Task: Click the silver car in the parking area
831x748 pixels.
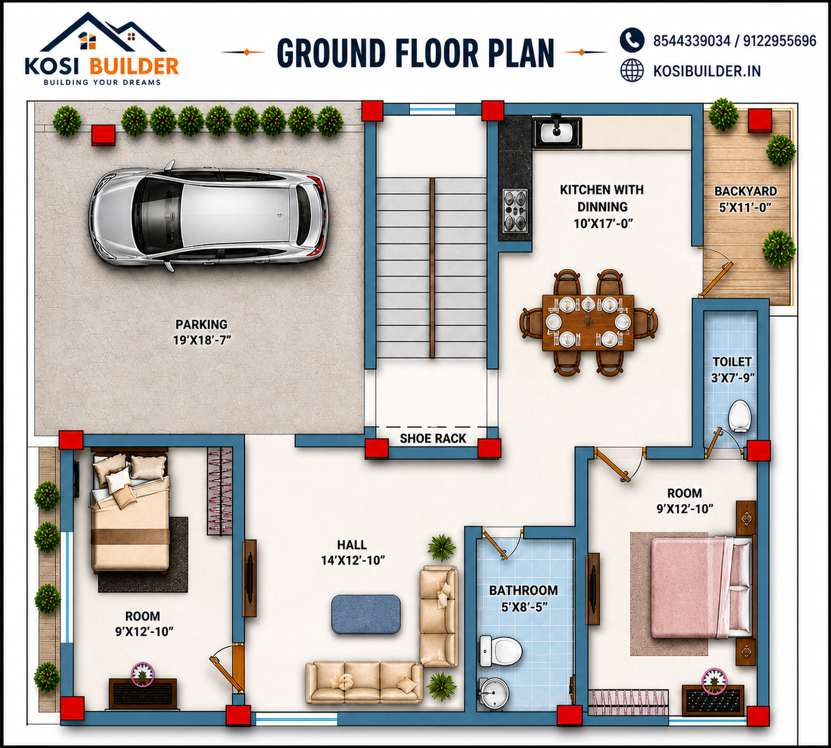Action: coord(209,216)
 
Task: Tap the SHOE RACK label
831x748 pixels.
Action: coord(433,439)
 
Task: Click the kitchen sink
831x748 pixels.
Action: coord(557,132)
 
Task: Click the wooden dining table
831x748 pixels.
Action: coord(588,322)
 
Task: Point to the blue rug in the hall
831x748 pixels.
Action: coord(366,614)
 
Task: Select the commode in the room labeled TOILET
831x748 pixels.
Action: coord(739,416)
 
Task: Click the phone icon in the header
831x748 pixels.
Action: coord(632,40)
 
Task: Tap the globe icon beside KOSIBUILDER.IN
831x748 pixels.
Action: coord(632,70)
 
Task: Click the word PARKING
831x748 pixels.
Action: coord(201,324)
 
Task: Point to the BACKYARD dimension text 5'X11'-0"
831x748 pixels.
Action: coord(745,207)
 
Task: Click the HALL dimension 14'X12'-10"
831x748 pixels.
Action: coord(353,560)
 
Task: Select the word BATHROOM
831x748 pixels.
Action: coord(524,590)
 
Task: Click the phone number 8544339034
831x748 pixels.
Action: coord(692,41)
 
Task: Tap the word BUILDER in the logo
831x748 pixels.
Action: coord(134,66)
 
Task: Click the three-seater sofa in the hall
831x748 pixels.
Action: coord(364,682)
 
